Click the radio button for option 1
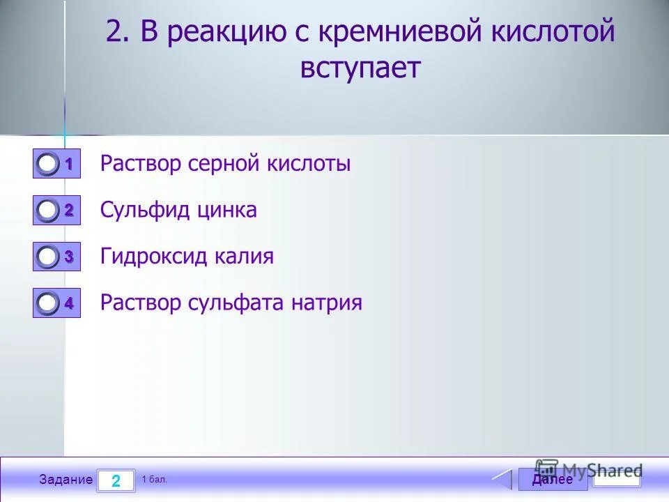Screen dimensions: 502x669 (47, 165)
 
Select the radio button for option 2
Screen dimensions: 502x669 (47, 211)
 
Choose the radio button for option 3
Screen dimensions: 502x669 (47, 257)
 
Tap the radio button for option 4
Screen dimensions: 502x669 (47, 303)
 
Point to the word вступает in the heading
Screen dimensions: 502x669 (360, 69)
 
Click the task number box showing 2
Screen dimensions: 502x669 (116, 480)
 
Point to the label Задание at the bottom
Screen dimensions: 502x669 (66, 480)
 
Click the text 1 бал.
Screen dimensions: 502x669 (154, 480)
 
